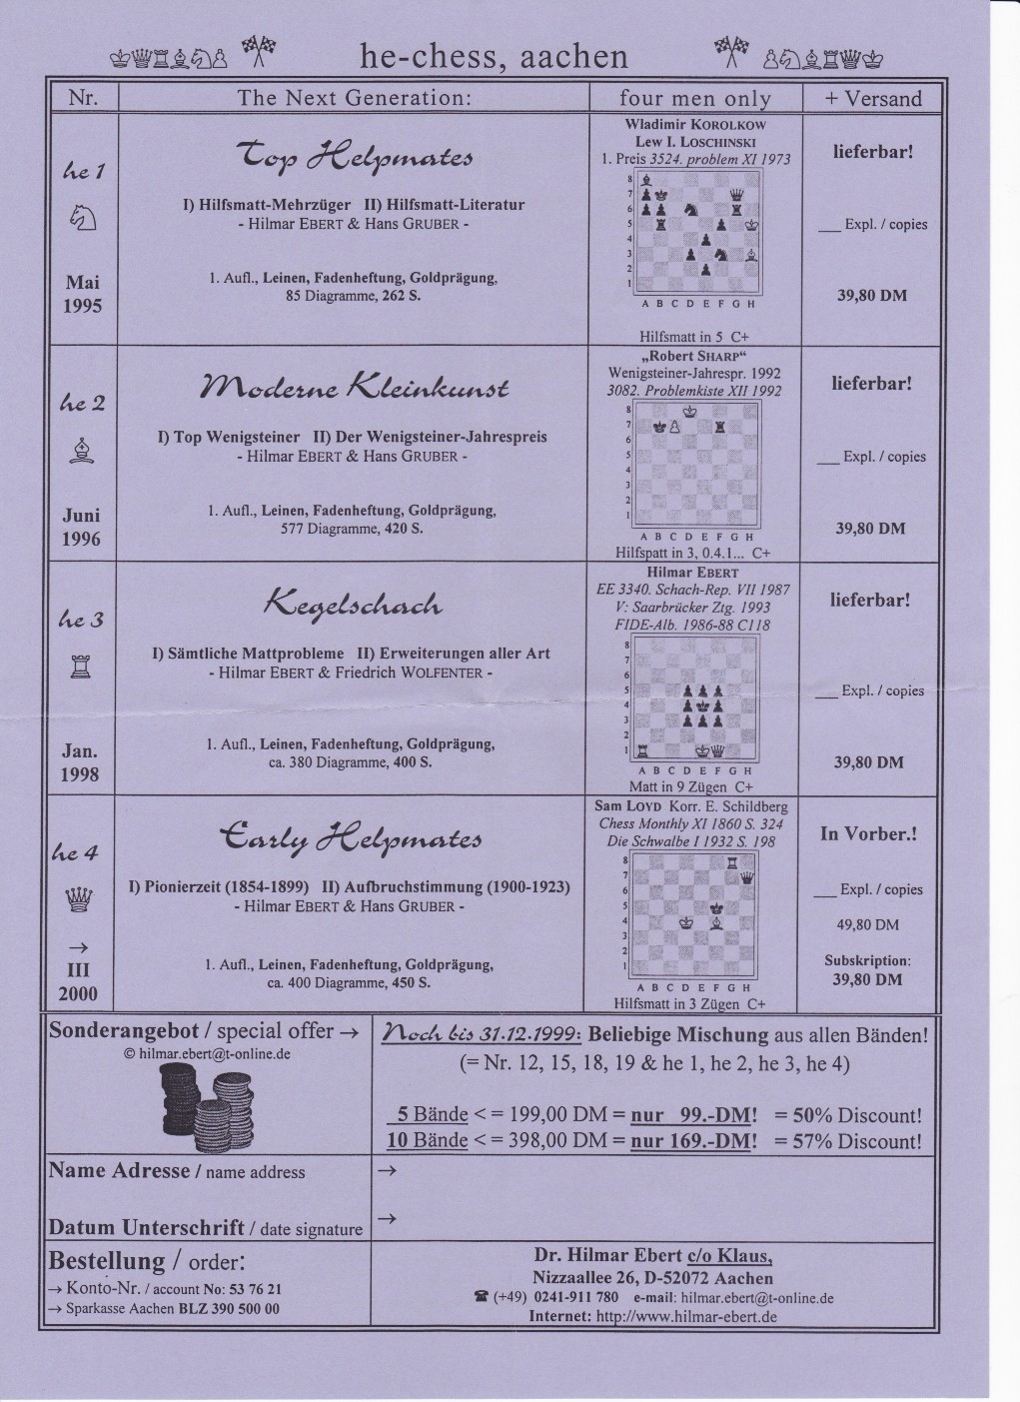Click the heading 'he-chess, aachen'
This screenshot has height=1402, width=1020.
(x=494, y=57)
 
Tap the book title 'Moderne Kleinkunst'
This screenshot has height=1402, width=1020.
(x=356, y=387)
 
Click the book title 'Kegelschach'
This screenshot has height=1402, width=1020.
(x=352, y=603)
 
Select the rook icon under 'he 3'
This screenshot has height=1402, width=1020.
(x=82, y=668)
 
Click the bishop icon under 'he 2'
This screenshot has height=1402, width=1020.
(x=82, y=452)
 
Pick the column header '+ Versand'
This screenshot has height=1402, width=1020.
(x=872, y=98)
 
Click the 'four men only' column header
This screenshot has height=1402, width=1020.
(x=694, y=98)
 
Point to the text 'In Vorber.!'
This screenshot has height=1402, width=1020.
(x=868, y=833)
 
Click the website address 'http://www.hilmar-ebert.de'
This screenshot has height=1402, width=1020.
(x=685, y=1316)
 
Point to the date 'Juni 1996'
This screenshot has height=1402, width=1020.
(x=82, y=528)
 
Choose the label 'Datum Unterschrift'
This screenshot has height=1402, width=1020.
(x=146, y=1227)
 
